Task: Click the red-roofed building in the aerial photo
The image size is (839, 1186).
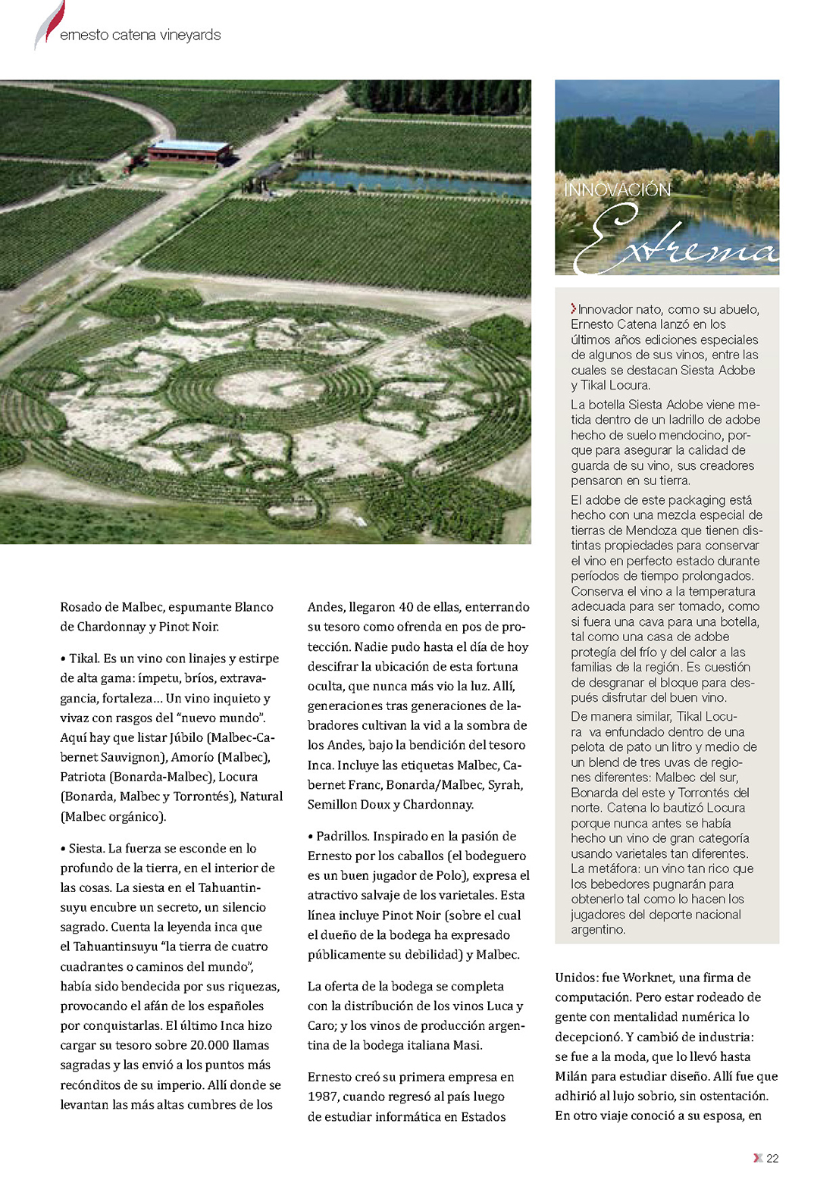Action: pos(189,151)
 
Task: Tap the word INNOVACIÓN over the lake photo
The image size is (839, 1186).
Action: pos(617,189)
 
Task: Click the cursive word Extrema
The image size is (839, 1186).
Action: pos(675,241)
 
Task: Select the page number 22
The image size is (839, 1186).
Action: pos(772,1158)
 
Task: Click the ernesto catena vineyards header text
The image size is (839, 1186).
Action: pos(140,35)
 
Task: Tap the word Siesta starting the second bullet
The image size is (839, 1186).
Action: pos(86,848)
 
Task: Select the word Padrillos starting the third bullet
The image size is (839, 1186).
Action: pos(343,836)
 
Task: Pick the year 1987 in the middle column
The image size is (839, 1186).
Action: pos(322,1097)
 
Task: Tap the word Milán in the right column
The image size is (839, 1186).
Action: pos(571,1076)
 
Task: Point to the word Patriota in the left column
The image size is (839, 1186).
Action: pos(83,777)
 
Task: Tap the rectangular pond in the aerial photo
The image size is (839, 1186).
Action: pos(413,183)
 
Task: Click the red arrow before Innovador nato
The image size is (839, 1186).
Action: pos(574,308)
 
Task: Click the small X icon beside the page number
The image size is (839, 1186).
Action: pos(757,1158)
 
